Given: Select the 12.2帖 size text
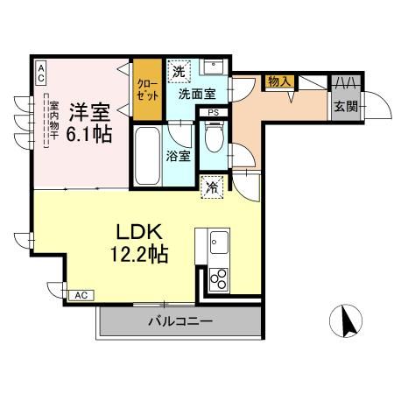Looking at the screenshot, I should (138, 255).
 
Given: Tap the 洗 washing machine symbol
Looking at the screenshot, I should (178, 70).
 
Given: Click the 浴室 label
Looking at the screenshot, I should (177, 157).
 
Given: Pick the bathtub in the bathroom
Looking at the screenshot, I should (146, 153).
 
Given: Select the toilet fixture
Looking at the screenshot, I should (212, 137).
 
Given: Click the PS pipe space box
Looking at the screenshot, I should (213, 112).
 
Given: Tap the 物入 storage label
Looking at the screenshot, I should (278, 81).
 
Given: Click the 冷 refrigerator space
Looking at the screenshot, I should (211, 186).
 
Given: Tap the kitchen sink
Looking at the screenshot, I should (217, 242).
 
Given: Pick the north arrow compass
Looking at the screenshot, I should (349, 320).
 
